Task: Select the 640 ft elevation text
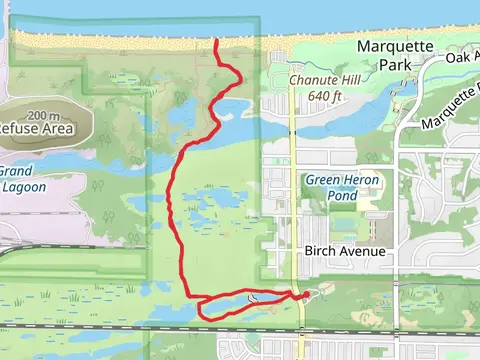[x=318, y=96]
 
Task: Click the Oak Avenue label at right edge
[x=461, y=58]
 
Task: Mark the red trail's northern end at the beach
[x=217, y=41]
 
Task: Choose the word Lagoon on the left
[x=23, y=186]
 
